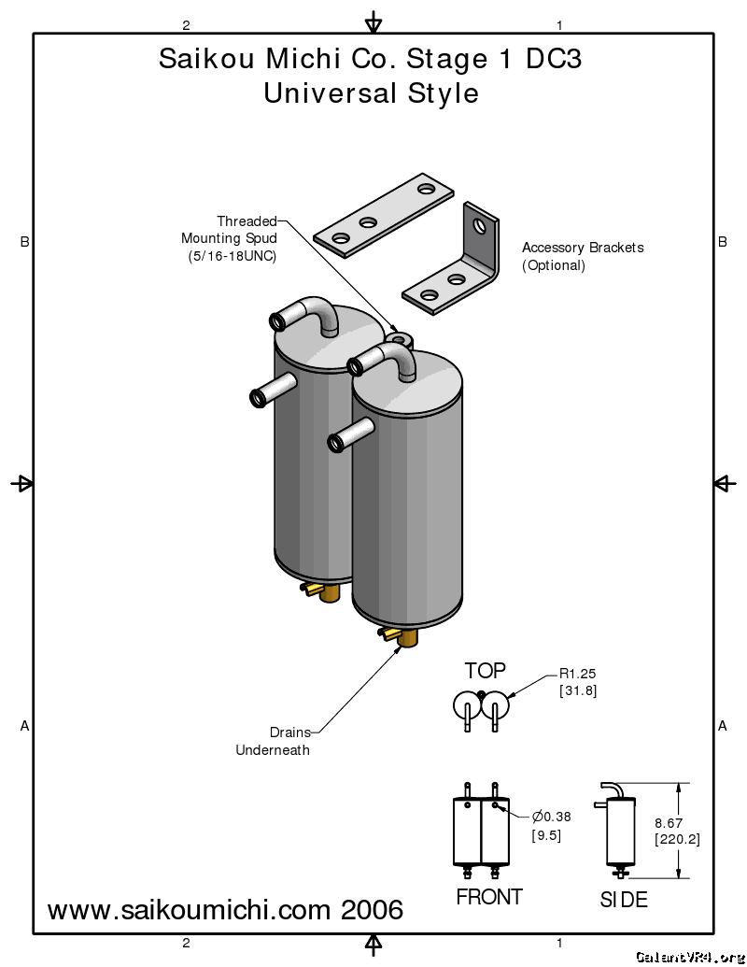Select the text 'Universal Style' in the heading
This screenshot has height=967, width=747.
pyautogui.click(x=371, y=93)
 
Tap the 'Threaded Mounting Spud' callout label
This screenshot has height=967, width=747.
pyautogui.click(x=232, y=238)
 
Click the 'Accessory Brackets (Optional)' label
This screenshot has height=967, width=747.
pyautogui.click(x=582, y=256)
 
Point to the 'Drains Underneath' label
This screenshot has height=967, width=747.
pyautogui.click(x=274, y=741)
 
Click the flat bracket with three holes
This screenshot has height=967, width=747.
pyautogui.click(x=384, y=214)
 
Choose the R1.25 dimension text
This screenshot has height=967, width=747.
pyautogui.click(x=578, y=673)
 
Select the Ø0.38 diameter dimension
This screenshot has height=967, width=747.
pyautogui.click(x=551, y=817)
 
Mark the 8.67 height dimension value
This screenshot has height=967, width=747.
pyautogui.click(x=669, y=822)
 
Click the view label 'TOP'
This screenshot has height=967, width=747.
pyautogui.click(x=486, y=670)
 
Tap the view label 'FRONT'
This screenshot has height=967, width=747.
pyautogui.click(x=488, y=897)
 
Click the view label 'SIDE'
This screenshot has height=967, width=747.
pyautogui.click(x=623, y=901)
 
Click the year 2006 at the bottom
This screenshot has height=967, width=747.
pyautogui.click(x=372, y=909)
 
